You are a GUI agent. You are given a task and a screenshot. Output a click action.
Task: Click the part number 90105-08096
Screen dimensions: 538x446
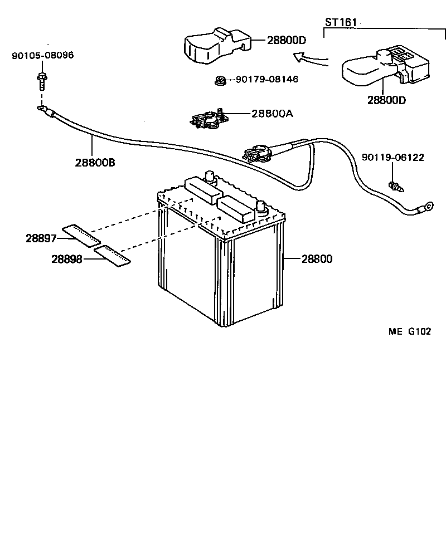click(42, 56)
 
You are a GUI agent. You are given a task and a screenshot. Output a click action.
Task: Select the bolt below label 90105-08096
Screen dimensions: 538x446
click(42, 81)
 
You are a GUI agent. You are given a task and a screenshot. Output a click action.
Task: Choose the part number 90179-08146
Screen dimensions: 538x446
click(266, 80)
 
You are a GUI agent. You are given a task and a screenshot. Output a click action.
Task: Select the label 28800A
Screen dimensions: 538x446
click(272, 114)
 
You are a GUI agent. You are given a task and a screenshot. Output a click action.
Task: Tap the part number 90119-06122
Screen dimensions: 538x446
click(392, 158)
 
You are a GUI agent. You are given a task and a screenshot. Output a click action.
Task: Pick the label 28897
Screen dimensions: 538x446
click(41, 238)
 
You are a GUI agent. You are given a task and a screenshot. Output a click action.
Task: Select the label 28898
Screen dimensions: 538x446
click(67, 259)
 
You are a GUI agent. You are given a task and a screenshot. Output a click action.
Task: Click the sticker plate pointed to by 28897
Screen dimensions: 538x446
click(81, 236)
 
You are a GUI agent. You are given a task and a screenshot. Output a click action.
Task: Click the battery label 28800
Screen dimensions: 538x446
click(317, 259)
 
